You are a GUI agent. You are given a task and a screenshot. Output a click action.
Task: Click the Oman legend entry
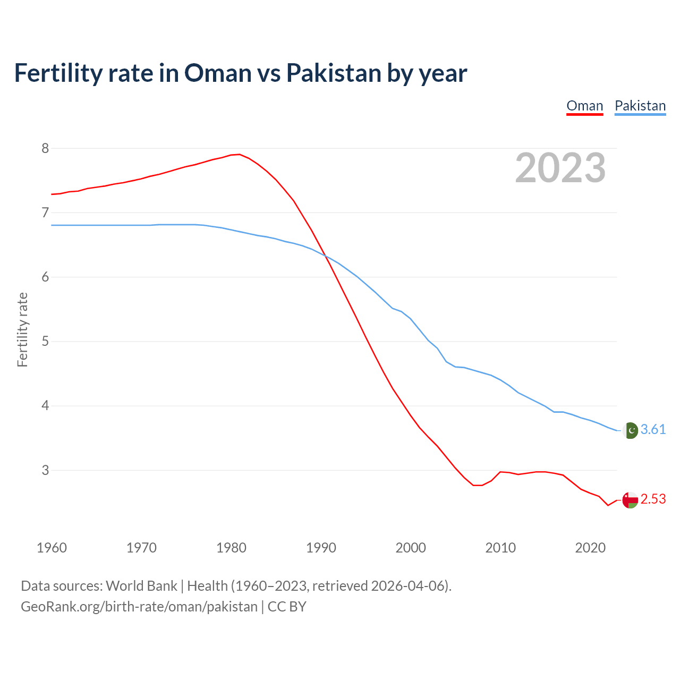tap(584, 106)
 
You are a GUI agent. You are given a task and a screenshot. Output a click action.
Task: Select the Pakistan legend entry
tap(640, 106)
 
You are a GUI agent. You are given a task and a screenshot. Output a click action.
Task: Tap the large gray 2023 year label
tap(560, 168)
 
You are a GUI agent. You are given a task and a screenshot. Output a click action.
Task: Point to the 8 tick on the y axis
tap(45, 148)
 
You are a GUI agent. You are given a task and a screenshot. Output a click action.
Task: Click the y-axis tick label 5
tap(45, 341)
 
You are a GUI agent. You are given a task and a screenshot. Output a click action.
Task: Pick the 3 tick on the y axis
tap(45, 470)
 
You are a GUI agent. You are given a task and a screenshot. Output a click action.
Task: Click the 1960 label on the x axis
tap(52, 548)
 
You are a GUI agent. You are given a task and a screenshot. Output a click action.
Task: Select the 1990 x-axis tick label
tap(321, 548)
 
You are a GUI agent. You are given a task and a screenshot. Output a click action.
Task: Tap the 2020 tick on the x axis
tap(590, 548)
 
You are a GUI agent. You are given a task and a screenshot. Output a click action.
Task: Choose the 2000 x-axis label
tap(411, 548)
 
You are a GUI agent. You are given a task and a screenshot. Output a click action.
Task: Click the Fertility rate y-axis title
tap(22, 329)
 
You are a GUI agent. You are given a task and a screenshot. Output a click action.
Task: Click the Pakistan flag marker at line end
tap(630, 430)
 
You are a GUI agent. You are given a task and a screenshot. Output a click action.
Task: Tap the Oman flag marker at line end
tap(630, 500)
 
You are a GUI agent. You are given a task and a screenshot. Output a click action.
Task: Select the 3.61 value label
tap(653, 430)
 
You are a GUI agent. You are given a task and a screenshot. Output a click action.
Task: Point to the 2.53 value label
tap(653, 499)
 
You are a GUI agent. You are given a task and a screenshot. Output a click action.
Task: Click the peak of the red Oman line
tap(239, 155)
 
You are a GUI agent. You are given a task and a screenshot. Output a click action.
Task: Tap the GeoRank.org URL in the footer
tap(139, 606)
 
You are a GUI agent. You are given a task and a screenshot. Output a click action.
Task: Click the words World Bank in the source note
tap(141, 585)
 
